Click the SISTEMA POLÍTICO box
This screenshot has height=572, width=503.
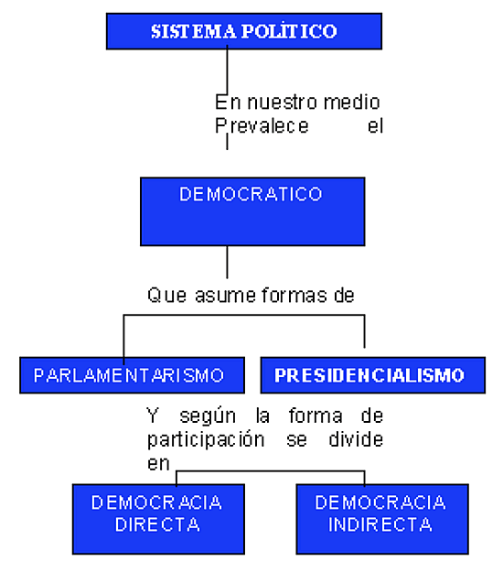(x=244, y=31)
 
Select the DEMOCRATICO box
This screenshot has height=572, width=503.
(x=252, y=211)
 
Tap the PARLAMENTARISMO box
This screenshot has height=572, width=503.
(x=132, y=375)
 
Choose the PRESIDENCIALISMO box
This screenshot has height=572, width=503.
(x=373, y=375)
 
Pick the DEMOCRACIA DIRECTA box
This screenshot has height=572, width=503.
(x=158, y=519)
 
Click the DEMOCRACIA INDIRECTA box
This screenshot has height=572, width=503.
(x=382, y=519)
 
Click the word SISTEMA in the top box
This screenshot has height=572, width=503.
(x=194, y=31)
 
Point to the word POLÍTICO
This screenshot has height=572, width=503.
(x=289, y=31)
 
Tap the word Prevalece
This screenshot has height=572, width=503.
(x=262, y=126)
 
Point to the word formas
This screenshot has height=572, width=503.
(x=294, y=295)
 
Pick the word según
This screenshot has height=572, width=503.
(x=208, y=416)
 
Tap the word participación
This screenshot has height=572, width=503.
(x=206, y=440)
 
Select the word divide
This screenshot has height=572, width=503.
(x=356, y=439)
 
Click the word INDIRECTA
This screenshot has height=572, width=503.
(x=380, y=524)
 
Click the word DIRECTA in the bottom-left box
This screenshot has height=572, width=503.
(x=157, y=524)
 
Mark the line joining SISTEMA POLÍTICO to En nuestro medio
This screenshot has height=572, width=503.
(x=227, y=70)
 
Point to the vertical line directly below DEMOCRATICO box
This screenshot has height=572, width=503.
(x=227, y=262)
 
